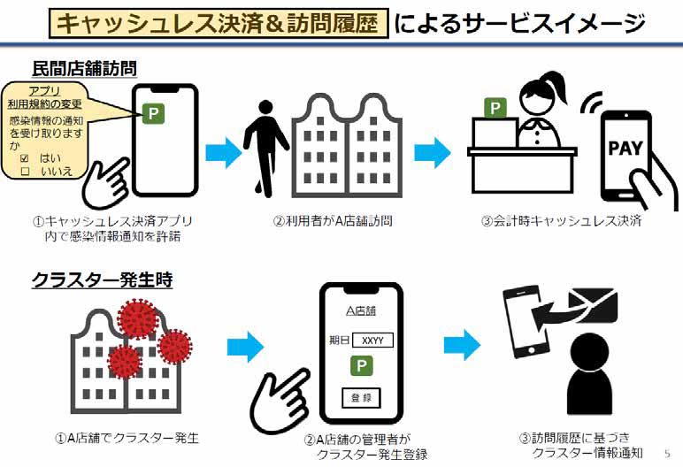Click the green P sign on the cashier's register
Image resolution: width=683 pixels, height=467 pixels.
(495, 109)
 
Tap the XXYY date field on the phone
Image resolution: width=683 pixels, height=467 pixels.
(372, 340)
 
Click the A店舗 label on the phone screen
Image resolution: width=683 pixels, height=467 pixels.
(359, 311)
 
